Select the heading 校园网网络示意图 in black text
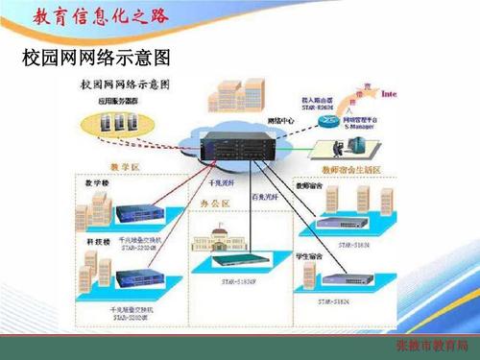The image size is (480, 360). [x=87, y=59]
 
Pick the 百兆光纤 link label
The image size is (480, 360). [x=265, y=197]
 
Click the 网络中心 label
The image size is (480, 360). [x=278, y=121]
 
